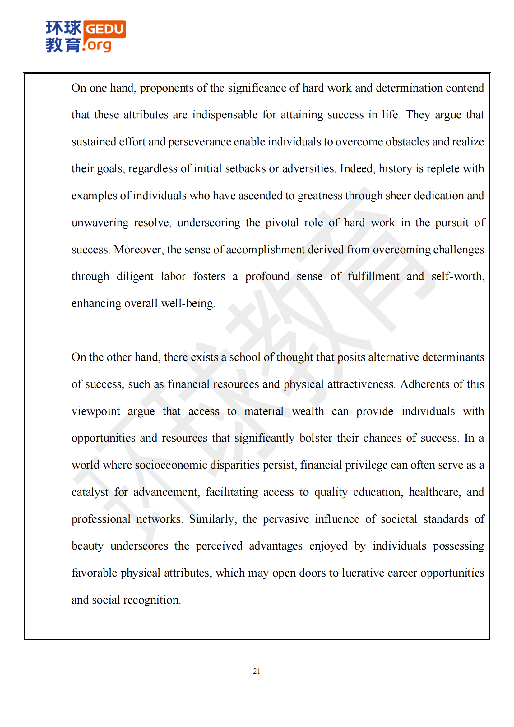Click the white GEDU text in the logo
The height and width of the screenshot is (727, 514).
click(x=104, y=29)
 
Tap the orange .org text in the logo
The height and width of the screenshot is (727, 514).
click(x=98, y=45)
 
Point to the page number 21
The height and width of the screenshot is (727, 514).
click(x=257, y=671)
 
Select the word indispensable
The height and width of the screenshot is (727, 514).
click(x=225, y=115)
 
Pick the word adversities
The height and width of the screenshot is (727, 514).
click(x=308, y=169)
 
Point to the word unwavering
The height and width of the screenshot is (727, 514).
click(x=100, y=223)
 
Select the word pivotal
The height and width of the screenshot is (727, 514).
click(x=282, y=223)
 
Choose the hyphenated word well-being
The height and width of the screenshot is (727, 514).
click(x=188, y=304)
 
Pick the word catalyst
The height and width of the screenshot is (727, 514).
click(x=90, y=492)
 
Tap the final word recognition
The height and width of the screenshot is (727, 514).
click(x=152, y=600)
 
